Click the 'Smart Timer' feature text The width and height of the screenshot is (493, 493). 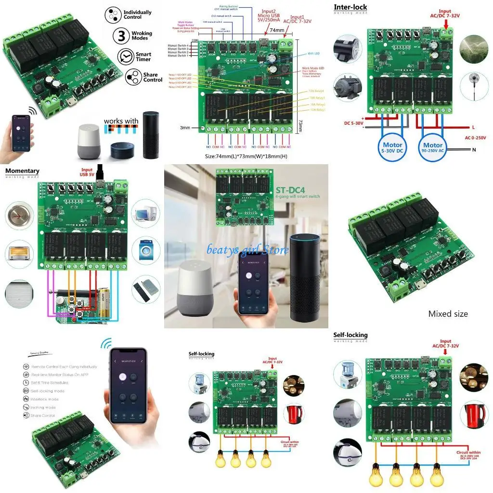143,57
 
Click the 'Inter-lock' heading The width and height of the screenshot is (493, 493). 350,7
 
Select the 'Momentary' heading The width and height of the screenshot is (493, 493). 22,171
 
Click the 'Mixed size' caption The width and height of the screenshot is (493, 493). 448,314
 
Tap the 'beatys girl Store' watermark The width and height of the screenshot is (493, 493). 247,249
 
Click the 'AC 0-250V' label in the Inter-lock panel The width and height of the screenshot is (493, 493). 475,138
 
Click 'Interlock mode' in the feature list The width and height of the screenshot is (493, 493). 44,399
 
